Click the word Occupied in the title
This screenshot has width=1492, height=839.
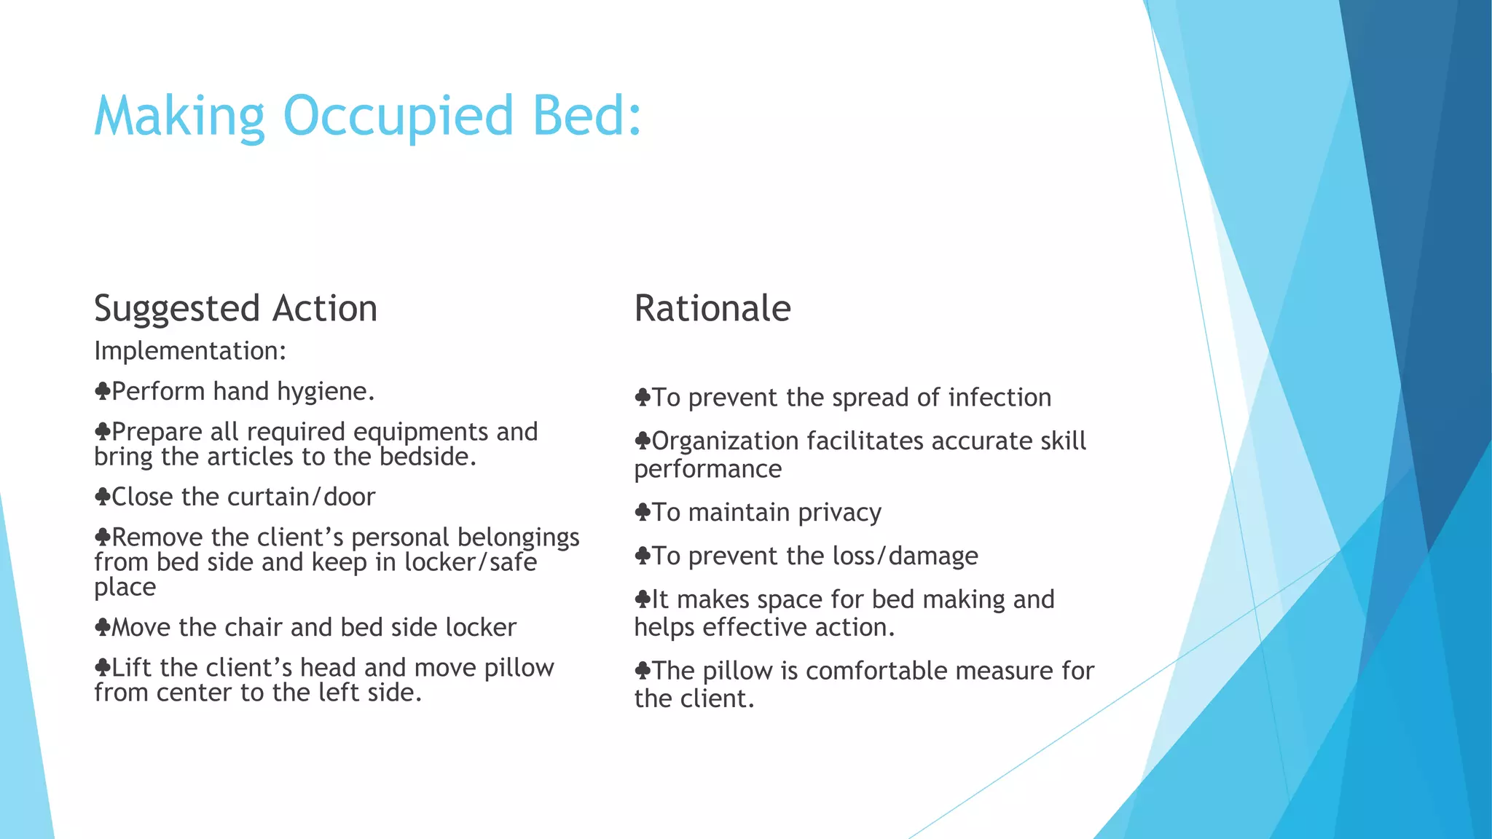pyautogui.click(x=398, y=117)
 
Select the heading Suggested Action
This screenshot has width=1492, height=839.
pyautogui.click(x=235, y=309)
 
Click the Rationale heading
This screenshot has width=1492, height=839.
pyautogui.click(x=712, y=309)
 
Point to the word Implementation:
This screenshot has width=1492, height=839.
pyautogui.click(x=190, y=351)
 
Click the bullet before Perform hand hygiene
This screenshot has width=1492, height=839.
pyautogui.click(x=102, y=392)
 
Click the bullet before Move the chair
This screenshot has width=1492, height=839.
pyautogui.click(x=102, y=627)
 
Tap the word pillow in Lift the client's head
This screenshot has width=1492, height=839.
pyautogui.click(x=519, y=668)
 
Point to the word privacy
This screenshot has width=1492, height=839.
pyautogui.click(x=839, y=513)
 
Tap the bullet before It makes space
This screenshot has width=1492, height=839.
pyautogui.click(x=642, y=599)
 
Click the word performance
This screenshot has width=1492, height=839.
pyautogui.click(x=707, y=470)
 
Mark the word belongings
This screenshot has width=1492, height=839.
pyautogui.click(x=518, y=537)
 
